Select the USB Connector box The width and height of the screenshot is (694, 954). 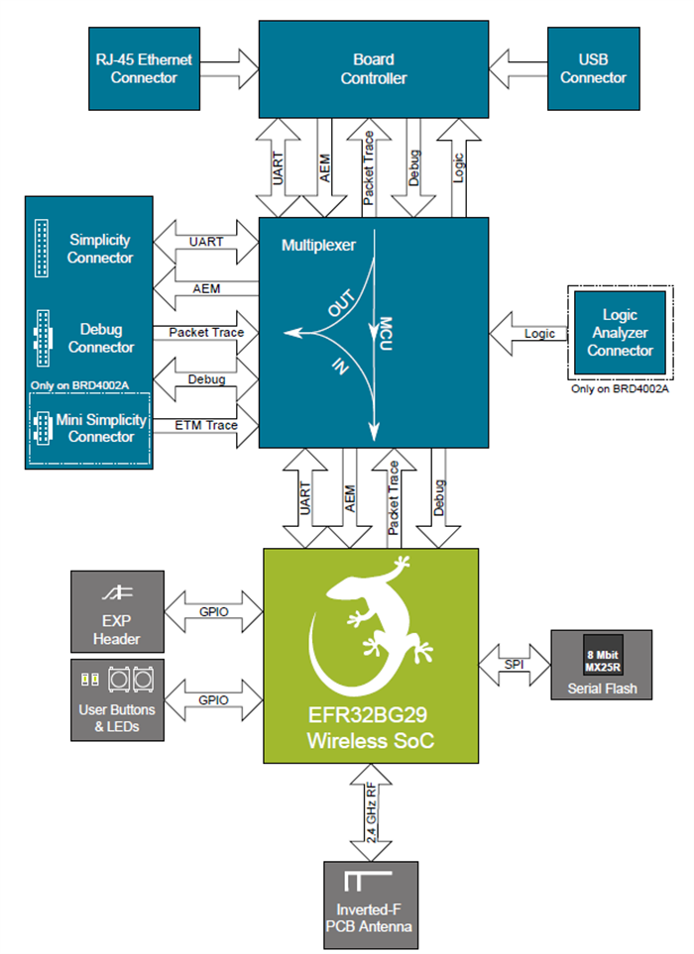tap(593, 68)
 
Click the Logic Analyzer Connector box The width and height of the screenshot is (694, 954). tap(620, 333)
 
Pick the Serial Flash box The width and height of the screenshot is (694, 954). tap(602, 664)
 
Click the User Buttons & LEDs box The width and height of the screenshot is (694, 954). tap(116, 698)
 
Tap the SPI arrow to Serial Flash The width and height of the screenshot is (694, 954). tap(514, 663)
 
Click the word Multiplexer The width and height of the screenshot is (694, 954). tap(319, 243)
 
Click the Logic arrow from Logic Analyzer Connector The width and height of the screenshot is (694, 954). tap(527, 334)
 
